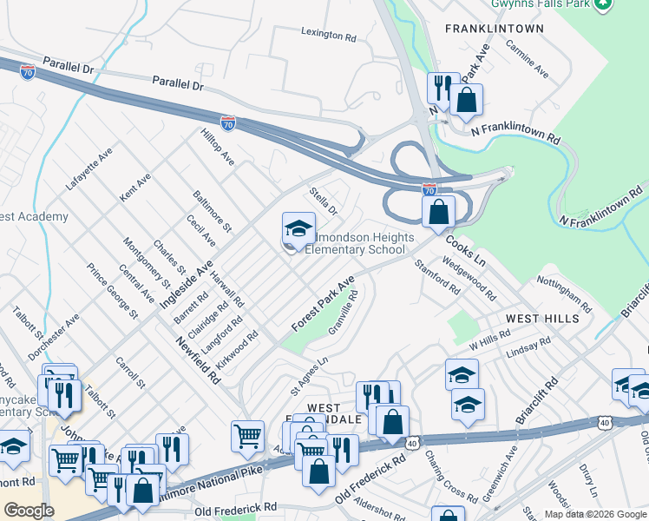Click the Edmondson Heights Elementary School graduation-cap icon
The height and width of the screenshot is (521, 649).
298,230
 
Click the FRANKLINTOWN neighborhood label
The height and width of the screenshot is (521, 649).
494,29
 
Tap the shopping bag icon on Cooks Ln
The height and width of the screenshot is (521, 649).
439,211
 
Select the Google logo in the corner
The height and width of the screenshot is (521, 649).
29,511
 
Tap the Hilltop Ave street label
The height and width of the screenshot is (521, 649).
218,148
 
